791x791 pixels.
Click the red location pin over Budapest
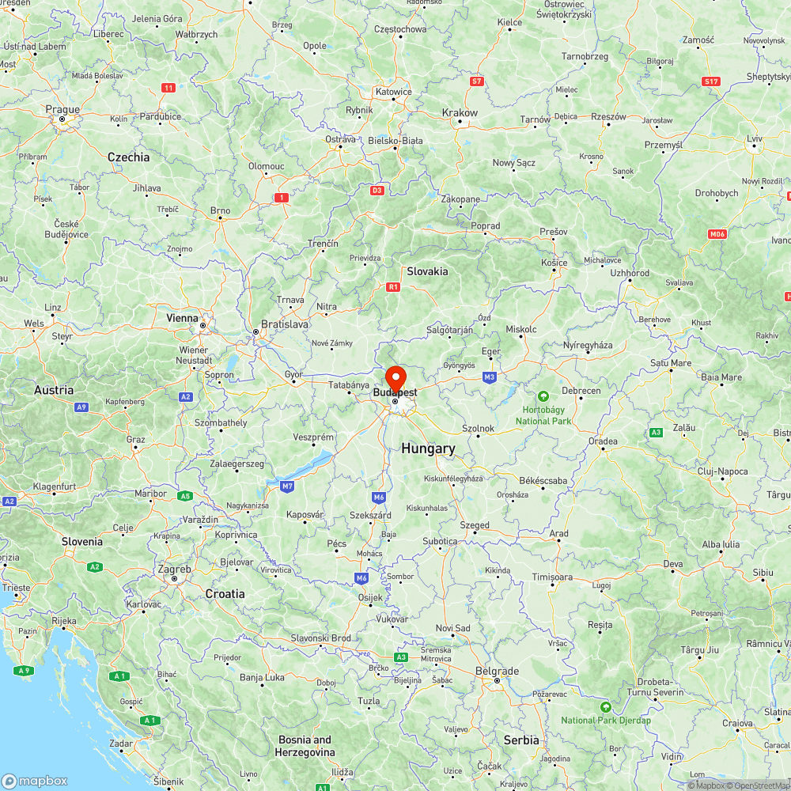pyautogui.click(x=395, y=377)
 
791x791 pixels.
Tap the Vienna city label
pyautogui.click(x=183, y=318)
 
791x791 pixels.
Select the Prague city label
pyautogui.click(x=62, y=110)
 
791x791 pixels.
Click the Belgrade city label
pyautogui.click(x=498, y=672)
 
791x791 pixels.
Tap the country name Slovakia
pyautogui.click(x=427, y=271)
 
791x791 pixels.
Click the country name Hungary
pyautogui.click(x=428, y=448)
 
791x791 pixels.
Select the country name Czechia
pyautogui.click(x=128, y=157)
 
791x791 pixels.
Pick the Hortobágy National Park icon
pyautogui.click(x=543, y=396)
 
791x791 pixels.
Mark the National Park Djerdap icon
pyautogui.click(x=606, y=706)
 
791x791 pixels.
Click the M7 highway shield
pyautogui.click(x=286, y=485)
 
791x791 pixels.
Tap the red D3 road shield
pyautogui.click(x=377, y=190)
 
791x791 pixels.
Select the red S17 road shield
pyautogui.click(x=710, y=81)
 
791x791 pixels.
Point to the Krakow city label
pyautogui.click(x=460, y=113)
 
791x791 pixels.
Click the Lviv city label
pyautogui.click(x=754, y=139)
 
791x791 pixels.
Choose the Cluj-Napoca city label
pyautogui.click(x=723, y=471)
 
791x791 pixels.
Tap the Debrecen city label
pyautogui.click(x=581, y=391)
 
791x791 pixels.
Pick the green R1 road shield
pyautogui.click(x=393, y=287)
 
